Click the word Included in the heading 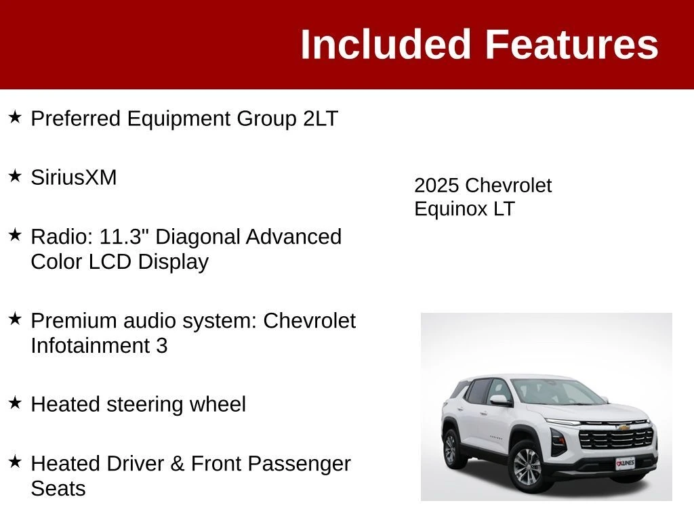pyautogui.click(x=385, y=44)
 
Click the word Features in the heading pyautogui.click(x=572, y=44)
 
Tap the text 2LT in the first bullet pyautogui.click(x=321, y=118)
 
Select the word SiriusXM pyautogui.click(x=73, y=178)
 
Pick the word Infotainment pyautogui.click(x=90, y=346)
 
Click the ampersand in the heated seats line pyautogui.click(x=178, y=464)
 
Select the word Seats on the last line pyautogui.click(x=58, y=489)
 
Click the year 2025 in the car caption pyautogui.click(x=436, y=186)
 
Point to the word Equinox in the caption pyautogui.click(x=451, y=209)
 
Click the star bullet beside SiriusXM pyautogui.click(x=15, y=176)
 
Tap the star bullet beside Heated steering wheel pyautogui.click(x=15, y=403)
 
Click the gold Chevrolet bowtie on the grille pyautogui.click(x=624, y=428)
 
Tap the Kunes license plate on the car pyautogui.click(x=626, y=463)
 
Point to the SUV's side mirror pyautogui.click(x=500, y=399)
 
